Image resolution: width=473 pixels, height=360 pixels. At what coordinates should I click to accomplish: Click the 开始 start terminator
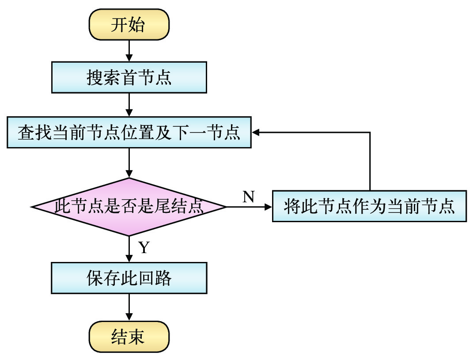tap(129, 25)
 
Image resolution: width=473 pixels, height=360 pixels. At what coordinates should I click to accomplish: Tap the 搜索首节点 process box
tap(129, 78)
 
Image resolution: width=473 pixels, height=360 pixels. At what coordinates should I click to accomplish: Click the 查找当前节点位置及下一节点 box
tap(129, 132)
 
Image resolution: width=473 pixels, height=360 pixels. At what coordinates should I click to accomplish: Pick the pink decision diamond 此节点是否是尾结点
tap(129, 206)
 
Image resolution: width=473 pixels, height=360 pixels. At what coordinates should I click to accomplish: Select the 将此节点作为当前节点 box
tap(369, 206)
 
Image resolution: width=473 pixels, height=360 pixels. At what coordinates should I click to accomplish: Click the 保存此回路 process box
tap(129, 278)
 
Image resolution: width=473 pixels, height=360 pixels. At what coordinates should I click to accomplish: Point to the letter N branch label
tap(249, 197)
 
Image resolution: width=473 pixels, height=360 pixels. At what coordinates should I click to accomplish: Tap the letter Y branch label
tap(144, 247)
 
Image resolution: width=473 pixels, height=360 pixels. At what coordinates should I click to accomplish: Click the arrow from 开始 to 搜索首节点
tap(129, 50)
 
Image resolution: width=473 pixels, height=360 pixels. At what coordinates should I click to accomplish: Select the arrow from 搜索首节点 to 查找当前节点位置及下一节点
tap(129, 105)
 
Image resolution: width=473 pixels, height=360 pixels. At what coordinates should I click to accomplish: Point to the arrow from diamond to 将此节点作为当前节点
tap(249, 206)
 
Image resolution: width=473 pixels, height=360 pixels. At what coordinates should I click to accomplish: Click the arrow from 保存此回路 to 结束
tap(129, 307)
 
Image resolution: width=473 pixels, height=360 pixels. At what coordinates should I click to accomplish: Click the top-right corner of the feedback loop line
tap(370, 132)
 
